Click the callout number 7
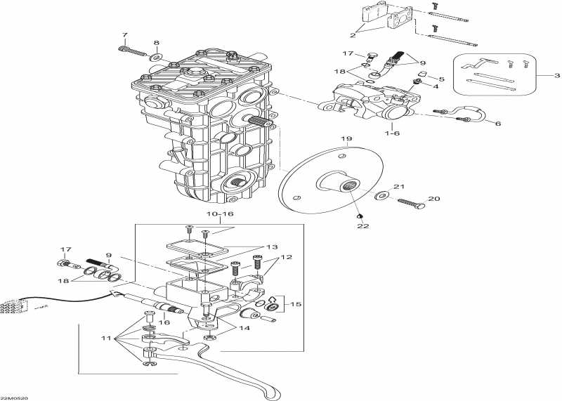125,35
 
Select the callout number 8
156,43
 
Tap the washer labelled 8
156,56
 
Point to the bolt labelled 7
131,51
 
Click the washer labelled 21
384,195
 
